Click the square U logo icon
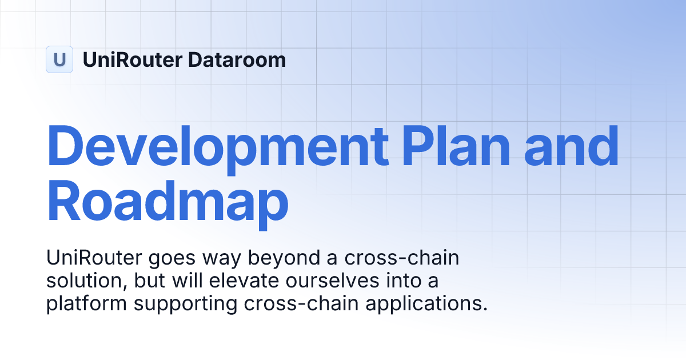click(59, 59)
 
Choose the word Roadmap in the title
click(167, 201)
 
